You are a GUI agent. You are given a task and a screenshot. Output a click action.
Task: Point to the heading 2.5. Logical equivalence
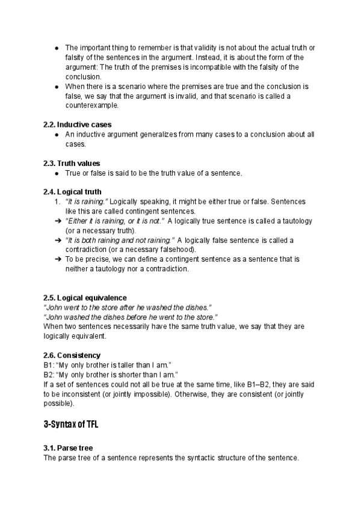click(x=85, y=298)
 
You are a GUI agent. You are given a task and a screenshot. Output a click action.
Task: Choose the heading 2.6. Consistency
click(x=72, y=355)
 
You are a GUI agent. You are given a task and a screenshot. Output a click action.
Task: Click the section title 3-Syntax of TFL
click(x=71, y=424)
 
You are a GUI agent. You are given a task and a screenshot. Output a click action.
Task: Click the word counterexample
click(x=91, y=105)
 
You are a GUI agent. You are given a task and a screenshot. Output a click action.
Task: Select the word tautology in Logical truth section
click(x=295, y=221)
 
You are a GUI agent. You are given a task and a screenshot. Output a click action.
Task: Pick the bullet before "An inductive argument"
click(x=56, y=135)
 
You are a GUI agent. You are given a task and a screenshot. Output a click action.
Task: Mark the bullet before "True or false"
click(x=56, y=173)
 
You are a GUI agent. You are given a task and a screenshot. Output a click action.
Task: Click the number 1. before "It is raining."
click(x=58, y=201)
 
